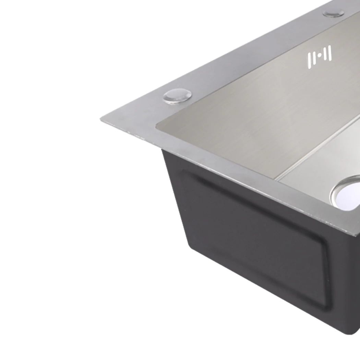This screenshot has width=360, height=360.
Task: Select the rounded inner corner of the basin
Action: click(158, 126)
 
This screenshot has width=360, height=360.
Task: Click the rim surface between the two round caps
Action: click(254, 55)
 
